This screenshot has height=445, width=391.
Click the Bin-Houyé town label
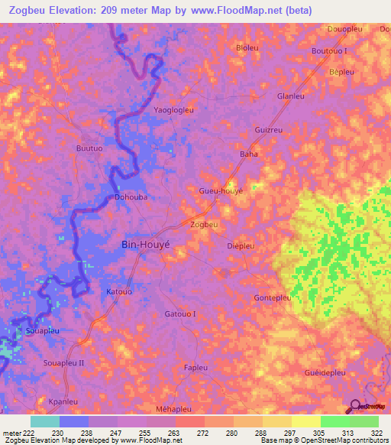[149, 245]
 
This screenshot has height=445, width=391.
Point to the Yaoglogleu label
[174, 110]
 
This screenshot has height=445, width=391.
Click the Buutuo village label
[89, 148]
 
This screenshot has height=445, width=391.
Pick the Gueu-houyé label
[221, 190]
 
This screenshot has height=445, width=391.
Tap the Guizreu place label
[268, 130]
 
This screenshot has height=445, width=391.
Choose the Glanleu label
[290, 96]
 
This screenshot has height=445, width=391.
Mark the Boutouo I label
[329, 50]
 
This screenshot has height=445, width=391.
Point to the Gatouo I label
[180, 313]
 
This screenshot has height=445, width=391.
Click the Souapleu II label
[64, 362]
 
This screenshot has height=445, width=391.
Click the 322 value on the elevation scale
[376, 433]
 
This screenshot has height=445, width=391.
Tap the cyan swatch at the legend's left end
[44, 421]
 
